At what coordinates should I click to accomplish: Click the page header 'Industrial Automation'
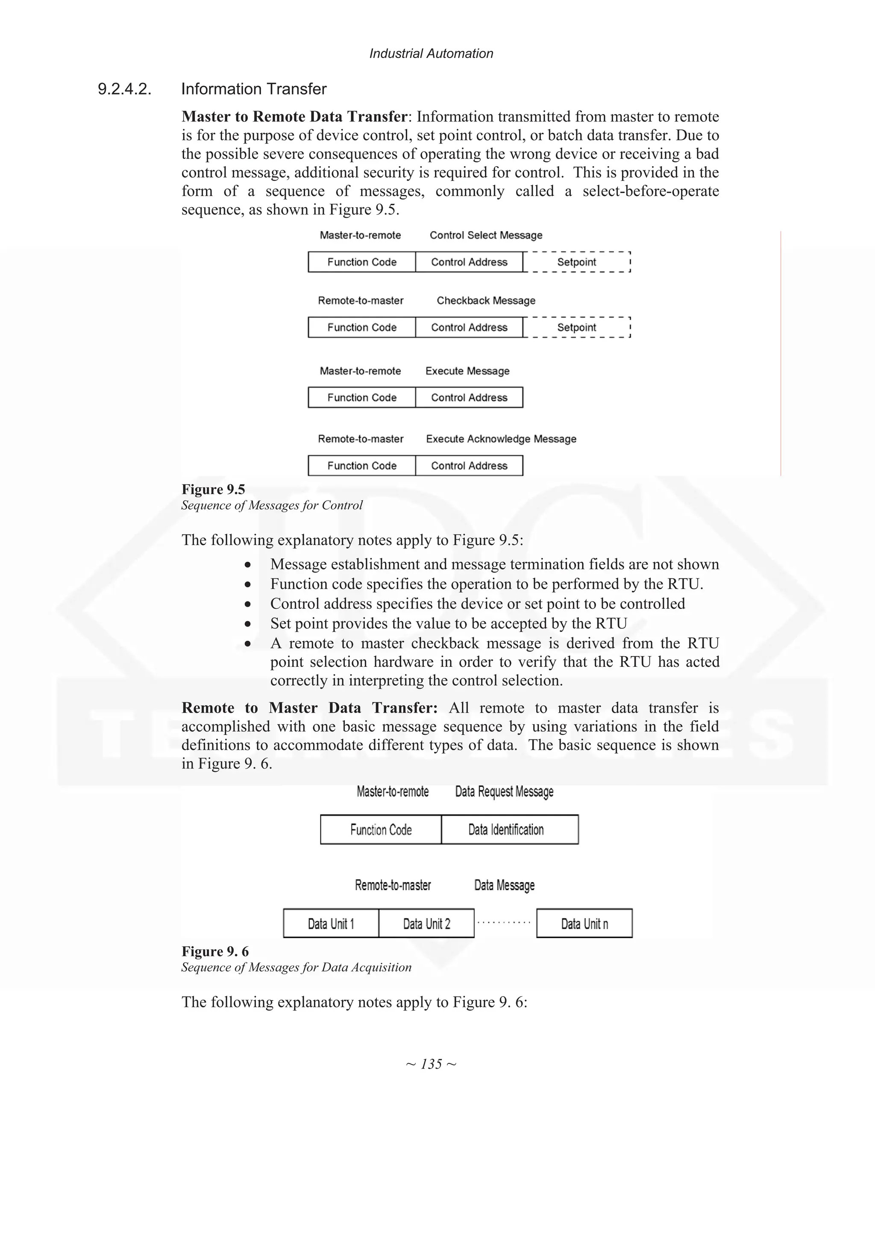(431, 53)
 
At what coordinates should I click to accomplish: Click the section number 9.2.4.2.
(124, 89)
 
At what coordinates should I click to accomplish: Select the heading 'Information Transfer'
(253, 89)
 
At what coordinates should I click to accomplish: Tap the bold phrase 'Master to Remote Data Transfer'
(294, 117)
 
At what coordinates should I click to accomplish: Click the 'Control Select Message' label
(486, 235)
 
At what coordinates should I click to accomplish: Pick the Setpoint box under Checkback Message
(576, 327)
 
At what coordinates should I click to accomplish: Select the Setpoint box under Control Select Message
(576, 262)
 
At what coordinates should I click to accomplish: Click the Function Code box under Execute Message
(362, 397)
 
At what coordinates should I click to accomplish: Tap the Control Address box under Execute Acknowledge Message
(469, 466)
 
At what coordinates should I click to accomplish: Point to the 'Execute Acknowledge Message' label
(501, 439)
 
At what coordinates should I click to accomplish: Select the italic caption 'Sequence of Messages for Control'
(272, 505)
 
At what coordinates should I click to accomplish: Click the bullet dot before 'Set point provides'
(247, 624)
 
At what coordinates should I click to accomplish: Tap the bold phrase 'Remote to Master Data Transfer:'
(309, 708)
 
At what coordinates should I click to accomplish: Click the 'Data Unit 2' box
(426, 924)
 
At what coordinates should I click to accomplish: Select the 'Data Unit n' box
(584, 924)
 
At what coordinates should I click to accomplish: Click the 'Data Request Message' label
(504, 792)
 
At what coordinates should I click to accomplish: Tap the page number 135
(431, 1064)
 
